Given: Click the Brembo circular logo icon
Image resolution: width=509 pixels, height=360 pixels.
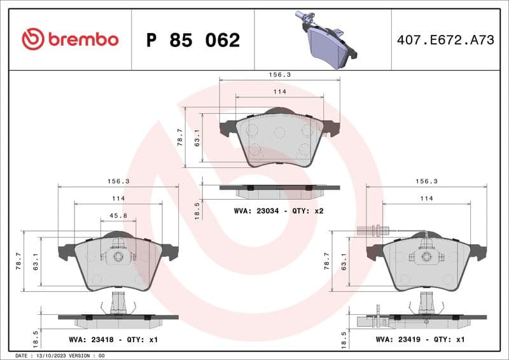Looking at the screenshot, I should click(33, 39).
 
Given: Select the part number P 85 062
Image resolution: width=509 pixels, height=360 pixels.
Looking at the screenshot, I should click(193, 40).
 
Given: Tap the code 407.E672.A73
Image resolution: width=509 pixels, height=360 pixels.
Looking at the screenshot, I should click(445, 40).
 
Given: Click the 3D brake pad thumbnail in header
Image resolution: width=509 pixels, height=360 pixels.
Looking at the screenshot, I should click(324, 39).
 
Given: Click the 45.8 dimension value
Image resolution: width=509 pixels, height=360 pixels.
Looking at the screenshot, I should click(118, 216).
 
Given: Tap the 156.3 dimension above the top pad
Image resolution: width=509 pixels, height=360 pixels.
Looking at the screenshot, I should click(279, 74).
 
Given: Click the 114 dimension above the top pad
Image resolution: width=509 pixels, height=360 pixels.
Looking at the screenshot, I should click(279, 92).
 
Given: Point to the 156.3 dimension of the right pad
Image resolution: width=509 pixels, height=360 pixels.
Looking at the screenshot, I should click(426, 181).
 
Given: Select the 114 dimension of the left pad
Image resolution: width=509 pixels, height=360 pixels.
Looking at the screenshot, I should click(118, 198).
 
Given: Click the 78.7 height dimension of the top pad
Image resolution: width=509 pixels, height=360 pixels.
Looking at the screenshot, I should click(180, 137).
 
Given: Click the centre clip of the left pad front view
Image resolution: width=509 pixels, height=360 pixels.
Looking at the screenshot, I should click(118, 256).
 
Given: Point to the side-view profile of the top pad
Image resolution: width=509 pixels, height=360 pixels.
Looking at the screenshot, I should click(279, 189).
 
